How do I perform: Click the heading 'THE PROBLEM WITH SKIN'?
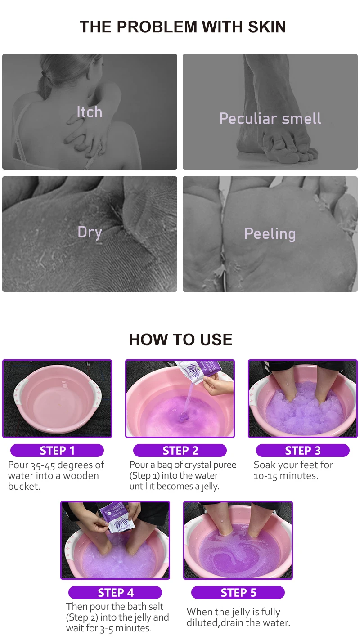click(x=183, y=27)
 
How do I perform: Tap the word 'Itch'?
click(x=89, y=112)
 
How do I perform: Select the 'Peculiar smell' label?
click(x=270, y=119)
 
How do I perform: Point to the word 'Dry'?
click(x=90, y=232)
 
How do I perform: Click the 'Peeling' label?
click(x=270, y=234)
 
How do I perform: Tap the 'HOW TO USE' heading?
click(x=180, y=340)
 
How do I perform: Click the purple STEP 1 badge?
click(x=57, y=451)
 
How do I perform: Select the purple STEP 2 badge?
click(x=180, y=451)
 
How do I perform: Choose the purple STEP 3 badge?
click(x=303, y=451)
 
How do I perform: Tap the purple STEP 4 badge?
click(x=115, y=593)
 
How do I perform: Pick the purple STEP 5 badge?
click(x=238, y=593)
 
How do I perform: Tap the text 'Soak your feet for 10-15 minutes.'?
click(x=293, y=470)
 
